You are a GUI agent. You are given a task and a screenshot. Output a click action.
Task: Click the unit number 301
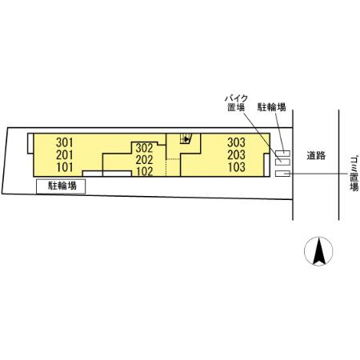65,142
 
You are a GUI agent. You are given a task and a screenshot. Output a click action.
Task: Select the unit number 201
65,155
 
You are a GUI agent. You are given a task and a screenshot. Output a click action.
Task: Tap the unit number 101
65,167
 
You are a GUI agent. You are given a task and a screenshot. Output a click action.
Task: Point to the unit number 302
144,148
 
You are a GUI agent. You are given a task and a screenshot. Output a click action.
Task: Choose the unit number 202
144,160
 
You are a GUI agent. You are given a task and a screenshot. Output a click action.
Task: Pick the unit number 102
144,171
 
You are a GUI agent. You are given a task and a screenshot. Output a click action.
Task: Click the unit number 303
236,142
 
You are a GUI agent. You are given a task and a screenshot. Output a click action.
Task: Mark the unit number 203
236,155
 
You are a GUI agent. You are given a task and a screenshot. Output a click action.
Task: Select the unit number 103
236,167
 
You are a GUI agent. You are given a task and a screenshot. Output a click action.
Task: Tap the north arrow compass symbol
318,251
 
